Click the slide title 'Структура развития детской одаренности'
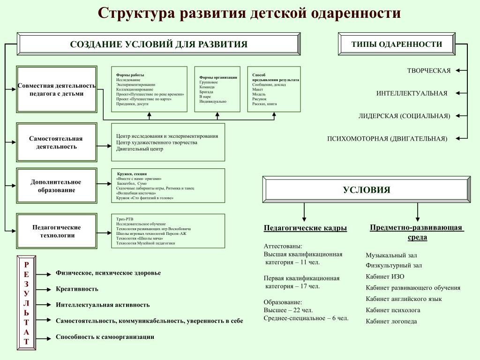[249, 13]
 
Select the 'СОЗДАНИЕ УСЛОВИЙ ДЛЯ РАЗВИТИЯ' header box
[158, 44]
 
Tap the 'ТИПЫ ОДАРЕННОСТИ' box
[397, 44]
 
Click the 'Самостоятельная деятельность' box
[56, 142]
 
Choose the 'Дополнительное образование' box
[56, 186]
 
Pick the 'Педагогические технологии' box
[56, 231]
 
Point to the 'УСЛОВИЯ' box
[366, 190]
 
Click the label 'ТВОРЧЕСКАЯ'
[428, 71]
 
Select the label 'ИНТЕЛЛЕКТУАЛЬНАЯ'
[412, 93]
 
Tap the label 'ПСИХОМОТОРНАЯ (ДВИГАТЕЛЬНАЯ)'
[387, 139]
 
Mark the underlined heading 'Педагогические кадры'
[305, 228]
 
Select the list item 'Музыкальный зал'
[391, 255]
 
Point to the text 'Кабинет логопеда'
[391, 322]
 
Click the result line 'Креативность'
[77, 289]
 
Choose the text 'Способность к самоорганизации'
[105, 337]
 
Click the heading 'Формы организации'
[218, 77]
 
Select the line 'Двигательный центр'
[140, 149]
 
